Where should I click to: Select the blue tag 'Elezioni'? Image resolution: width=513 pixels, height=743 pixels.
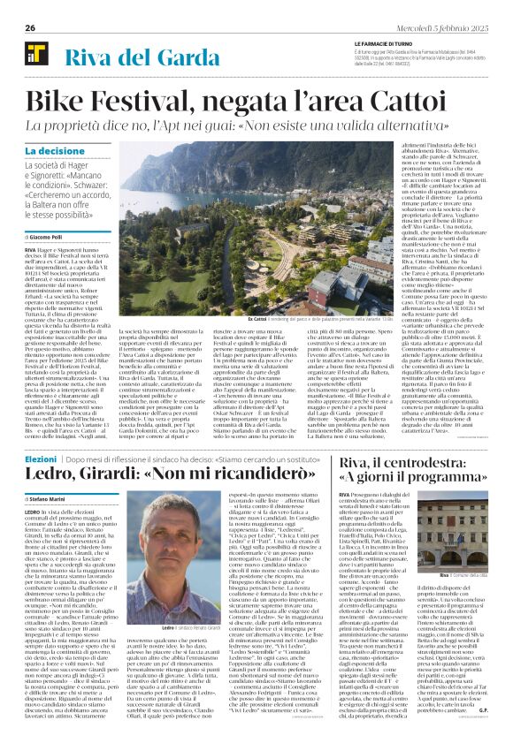tap(41, 458)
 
